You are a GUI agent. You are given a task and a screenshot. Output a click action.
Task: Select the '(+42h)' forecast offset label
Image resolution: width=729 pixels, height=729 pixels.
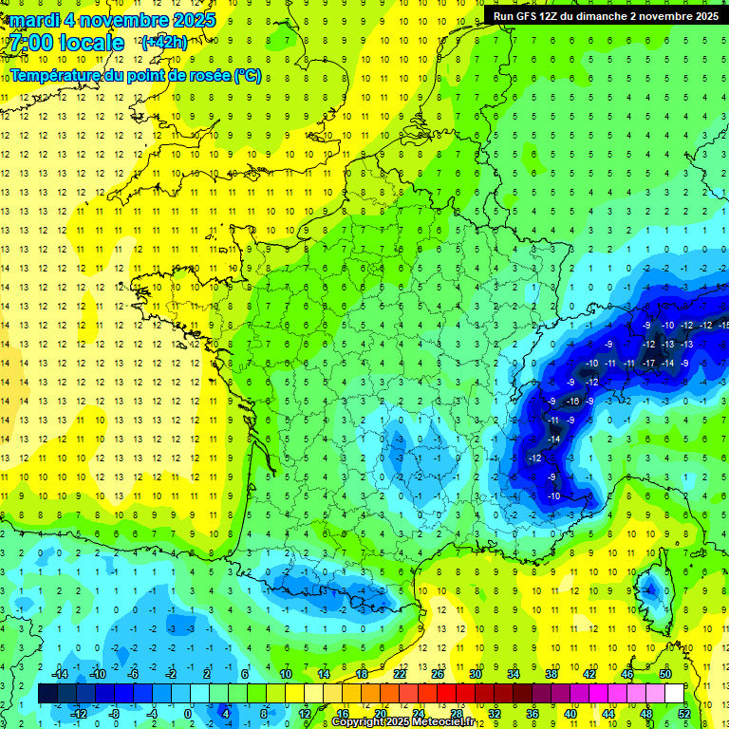click(x=164, y=43)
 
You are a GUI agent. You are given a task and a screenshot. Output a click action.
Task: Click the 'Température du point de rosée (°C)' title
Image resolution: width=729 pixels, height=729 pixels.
click(x=135, y=75)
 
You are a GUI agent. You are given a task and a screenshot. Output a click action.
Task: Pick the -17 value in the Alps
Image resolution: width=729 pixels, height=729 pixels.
click(x=649, y=363)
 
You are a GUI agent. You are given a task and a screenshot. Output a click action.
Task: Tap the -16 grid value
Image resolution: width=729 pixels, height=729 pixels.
click(x=572, y=401)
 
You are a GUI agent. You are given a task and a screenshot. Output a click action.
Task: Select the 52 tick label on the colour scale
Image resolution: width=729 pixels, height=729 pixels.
click(x=684, y=714)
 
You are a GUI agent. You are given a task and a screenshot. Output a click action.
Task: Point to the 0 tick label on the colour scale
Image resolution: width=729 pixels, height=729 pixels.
click(x=187, y=714)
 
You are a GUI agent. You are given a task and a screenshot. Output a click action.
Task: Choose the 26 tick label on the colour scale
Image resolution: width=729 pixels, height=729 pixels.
click(x=438, y=673)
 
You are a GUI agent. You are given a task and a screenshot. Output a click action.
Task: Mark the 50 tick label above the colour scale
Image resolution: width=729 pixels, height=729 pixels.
click(x=665, y=673)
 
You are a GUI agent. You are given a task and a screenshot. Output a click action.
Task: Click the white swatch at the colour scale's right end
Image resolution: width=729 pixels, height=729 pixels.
click(x=674, y=694)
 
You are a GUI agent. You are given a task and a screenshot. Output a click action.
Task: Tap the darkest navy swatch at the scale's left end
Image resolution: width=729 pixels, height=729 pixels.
click(x=47, y=694)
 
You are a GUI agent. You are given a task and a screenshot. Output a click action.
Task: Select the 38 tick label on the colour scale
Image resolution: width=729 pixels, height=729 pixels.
click(x=551, y=673)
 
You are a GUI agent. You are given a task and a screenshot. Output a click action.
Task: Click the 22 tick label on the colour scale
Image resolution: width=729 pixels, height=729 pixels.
click(x=400, y=673)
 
